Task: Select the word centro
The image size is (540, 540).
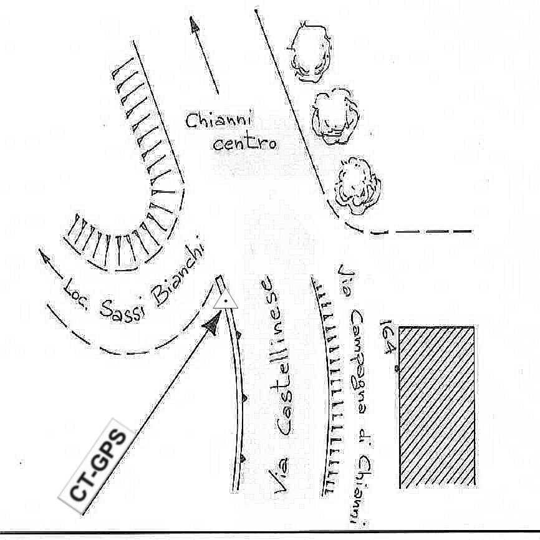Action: (x=244, y=144)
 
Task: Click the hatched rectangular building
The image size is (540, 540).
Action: (x=436, y=406)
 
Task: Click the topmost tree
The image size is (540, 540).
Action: (x=309, y=52)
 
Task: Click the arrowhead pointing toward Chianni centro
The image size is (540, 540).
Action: (x=195, y=24)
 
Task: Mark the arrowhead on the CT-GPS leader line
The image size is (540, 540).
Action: (x=212, y=324)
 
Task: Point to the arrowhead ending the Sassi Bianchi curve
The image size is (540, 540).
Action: (x=44, y=255)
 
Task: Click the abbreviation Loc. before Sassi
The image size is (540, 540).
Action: (x=75, y=293)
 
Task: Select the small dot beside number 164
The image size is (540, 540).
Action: (x=397, y=369)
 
